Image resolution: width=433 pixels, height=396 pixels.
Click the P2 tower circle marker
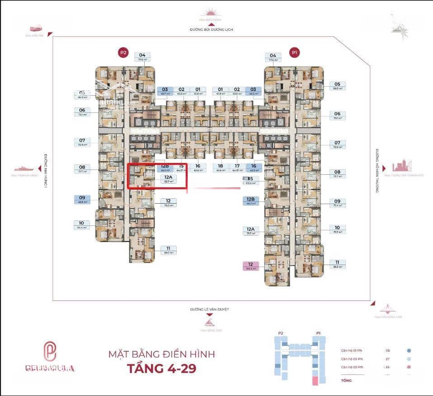tap(123, 53)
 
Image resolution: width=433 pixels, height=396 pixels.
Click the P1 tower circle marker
tap(295, 53)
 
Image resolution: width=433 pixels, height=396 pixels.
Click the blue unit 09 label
tap(82, 199)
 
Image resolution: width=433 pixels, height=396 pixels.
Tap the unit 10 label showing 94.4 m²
tap(81, 225)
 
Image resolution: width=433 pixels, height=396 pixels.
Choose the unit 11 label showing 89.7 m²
tap(168, 250)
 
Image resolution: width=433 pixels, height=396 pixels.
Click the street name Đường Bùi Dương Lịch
tap(212, 30)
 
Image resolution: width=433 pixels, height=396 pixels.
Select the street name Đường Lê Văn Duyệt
tap(210, 309)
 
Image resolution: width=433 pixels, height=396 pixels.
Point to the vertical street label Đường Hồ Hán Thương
tap(376, 171)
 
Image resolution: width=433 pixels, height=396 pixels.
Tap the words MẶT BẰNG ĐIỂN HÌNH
tap(161, 354)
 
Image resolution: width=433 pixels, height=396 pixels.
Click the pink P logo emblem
tap(49, 350)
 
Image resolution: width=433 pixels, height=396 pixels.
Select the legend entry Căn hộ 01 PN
tap(352, 350)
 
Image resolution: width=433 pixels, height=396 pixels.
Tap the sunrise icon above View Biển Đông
tap(212, 12)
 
